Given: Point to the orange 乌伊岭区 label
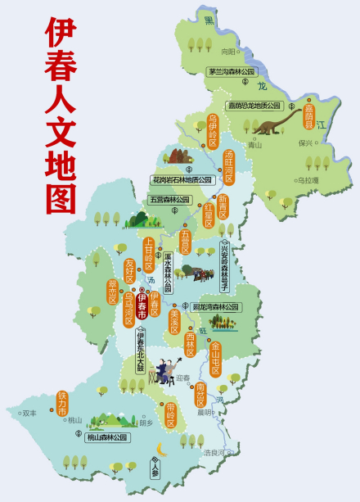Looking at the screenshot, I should (x=213, y=132).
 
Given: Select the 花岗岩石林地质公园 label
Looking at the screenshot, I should (x=182, y=179).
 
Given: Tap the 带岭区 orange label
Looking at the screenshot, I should (x=171, y=415).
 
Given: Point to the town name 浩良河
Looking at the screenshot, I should (x=214, y=451).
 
